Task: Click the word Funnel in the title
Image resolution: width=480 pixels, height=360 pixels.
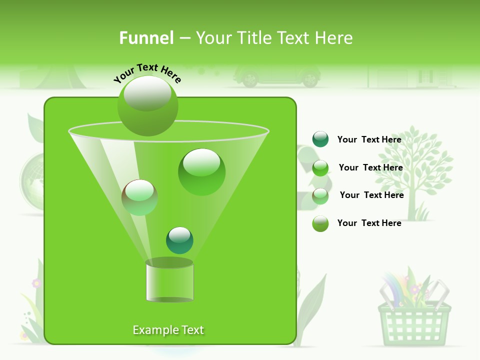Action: [x=146, y=38]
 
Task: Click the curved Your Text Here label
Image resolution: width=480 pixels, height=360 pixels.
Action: [x=147, y=72]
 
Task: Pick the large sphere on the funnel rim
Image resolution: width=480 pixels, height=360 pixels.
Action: [x=147, y=105]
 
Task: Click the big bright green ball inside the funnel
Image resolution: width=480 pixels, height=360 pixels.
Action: [x=202, y=172]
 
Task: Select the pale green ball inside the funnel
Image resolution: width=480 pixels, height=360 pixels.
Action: [x=139, y=197]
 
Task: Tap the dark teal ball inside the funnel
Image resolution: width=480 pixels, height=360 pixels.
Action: [x=179, y=240]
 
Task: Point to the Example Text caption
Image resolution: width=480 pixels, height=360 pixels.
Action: [x=168, y=330]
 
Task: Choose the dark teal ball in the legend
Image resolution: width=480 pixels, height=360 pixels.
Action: [x=320, y=139]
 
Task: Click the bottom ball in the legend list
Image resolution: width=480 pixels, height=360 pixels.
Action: [x=320, y=223]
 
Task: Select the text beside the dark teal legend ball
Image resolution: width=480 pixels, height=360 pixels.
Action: [x=369, y=139]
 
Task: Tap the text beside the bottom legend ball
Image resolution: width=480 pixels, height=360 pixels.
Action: [x=369, y=223]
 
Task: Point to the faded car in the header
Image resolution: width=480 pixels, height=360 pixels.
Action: [x=276, y=76]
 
